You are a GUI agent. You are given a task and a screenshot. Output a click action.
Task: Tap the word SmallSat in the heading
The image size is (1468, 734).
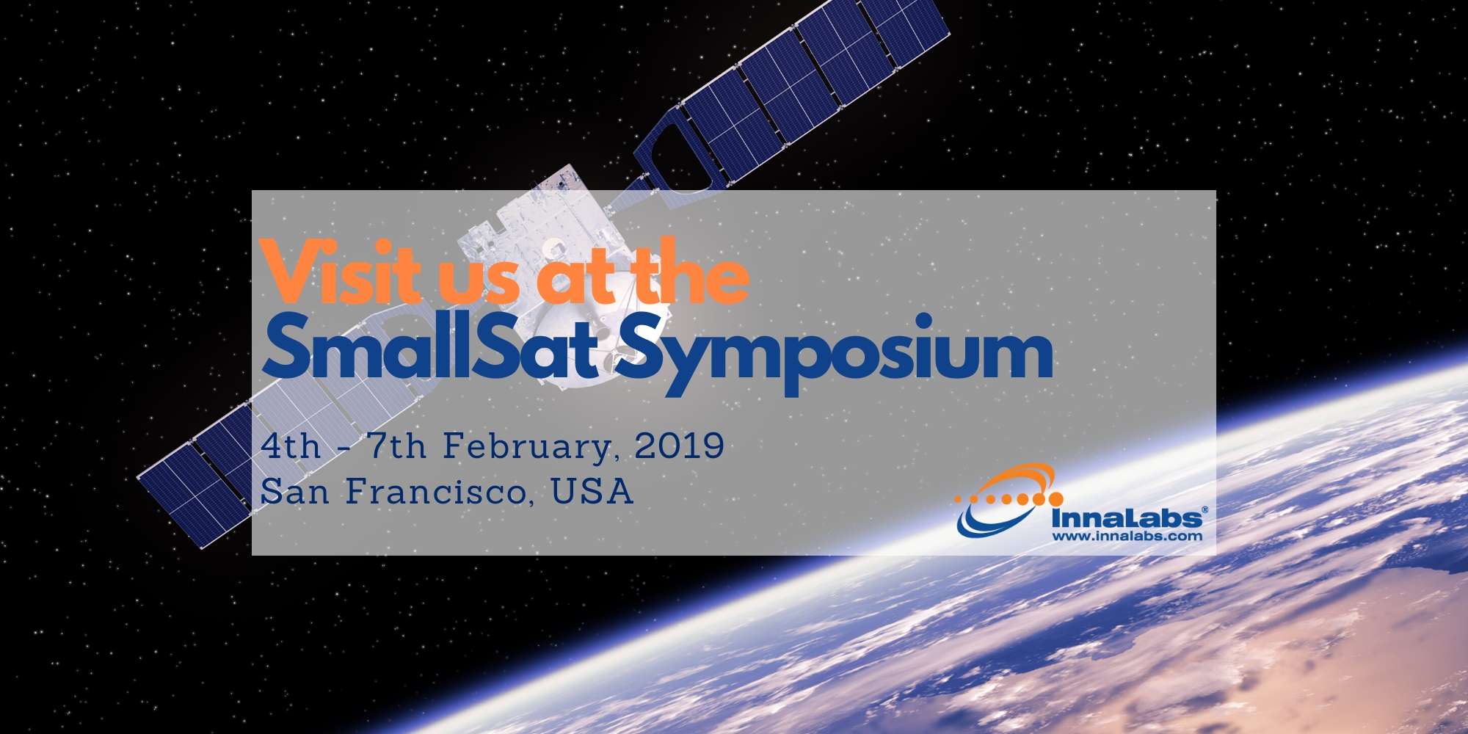pos(429,352)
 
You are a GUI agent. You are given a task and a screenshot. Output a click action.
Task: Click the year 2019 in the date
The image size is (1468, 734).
pos(679,446)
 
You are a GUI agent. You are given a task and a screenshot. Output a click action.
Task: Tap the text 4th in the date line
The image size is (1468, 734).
pos(291,446)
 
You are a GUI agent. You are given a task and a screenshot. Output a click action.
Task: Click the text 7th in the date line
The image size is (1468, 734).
pos(396,446)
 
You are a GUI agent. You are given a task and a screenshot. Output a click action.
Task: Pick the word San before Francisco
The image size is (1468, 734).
pos(294,491)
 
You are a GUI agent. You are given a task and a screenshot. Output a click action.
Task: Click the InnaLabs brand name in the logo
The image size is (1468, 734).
pos(1126,518)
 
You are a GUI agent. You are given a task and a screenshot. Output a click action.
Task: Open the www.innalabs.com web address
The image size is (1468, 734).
pos(1127,536)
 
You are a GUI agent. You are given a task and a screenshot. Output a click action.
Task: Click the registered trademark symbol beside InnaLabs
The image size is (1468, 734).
pos(1204,509)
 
